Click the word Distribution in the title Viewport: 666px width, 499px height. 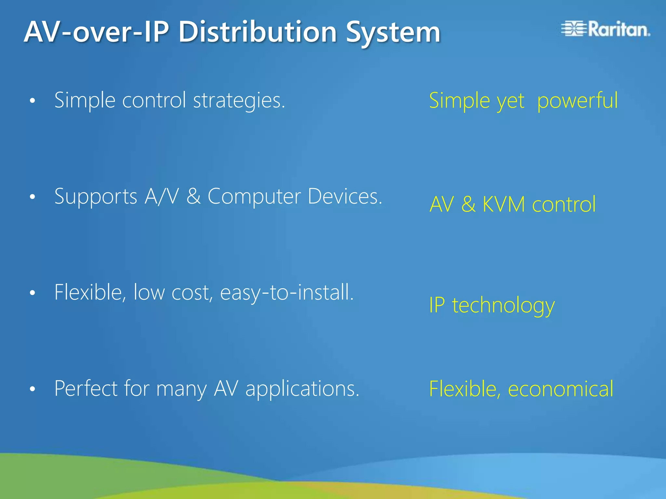point(257,32)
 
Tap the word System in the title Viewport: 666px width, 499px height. point(393,32)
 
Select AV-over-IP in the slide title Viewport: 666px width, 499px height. point(96,32)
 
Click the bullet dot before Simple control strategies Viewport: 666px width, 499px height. point(32,101)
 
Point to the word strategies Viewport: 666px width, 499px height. point(239,100)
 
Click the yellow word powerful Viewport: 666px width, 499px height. point(577,100)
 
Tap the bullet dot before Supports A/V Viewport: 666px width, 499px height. point(32,197)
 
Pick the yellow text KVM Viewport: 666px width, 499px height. point(504,205)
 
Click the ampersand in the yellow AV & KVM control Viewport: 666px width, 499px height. point(468,205)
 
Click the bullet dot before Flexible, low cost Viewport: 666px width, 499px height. point(32,293)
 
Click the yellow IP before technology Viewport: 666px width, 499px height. point(437,305)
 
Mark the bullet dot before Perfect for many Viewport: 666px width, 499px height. point(32,389)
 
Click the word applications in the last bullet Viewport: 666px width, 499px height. point(302,389)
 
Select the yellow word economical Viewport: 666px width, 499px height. point(560,389)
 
